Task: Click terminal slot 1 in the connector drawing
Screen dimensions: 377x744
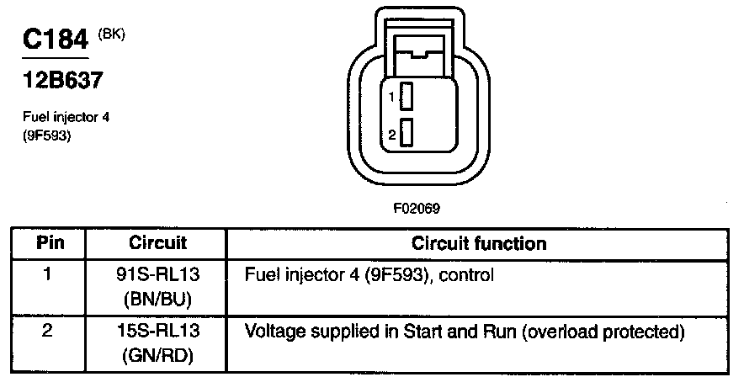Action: click(x=407, y=97)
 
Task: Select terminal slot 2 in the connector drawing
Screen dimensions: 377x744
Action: click(x=407, y=133)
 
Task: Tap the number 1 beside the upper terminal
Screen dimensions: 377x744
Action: click(x=392, y=98)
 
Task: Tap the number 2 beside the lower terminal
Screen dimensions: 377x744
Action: click(x=392, y=134)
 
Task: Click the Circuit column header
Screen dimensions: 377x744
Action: click(x=157, y=244)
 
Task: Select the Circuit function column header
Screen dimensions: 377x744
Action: click(x=478, y=244)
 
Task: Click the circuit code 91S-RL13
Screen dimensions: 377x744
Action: click(x=157, y=274)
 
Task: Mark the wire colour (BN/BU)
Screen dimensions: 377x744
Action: click(x=157, y=298)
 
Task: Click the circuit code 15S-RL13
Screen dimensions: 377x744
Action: click(x=157, y=332)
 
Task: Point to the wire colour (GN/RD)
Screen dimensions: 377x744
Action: click(x=157, y=355)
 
